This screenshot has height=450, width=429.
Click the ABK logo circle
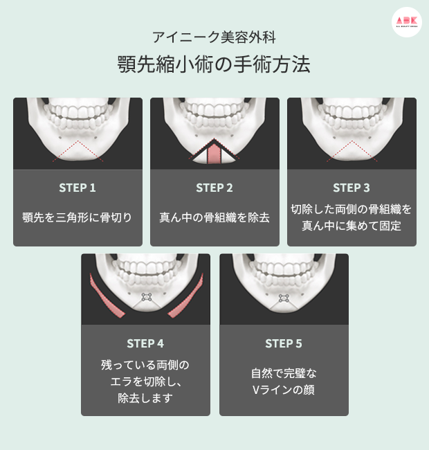click(407, 22)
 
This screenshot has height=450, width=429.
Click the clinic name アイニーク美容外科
click(214, 37)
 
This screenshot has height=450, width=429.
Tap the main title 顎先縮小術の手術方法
click(214, 64)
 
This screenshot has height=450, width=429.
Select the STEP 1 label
click(77, 188)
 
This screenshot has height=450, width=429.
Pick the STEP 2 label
click(214, 188)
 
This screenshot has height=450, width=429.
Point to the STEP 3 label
click(352, 188)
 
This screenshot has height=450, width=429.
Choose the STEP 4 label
click(145, 343)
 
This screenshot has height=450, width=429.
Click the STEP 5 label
click(284, 343)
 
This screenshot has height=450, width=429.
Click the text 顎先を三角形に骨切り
click(77, 217)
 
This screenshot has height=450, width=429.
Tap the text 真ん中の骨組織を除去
click(214, 217)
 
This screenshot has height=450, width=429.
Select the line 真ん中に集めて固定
click(352, 226)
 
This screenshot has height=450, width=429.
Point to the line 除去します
click(145, 398)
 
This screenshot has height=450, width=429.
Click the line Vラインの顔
click(284, 390)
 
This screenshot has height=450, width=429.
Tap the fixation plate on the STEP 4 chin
click(147, 297)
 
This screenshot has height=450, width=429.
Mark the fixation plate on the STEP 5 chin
click(284, 298)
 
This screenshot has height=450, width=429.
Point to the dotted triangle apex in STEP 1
click(77, 141)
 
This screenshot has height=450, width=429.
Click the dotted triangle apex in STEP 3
click(352, 141)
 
